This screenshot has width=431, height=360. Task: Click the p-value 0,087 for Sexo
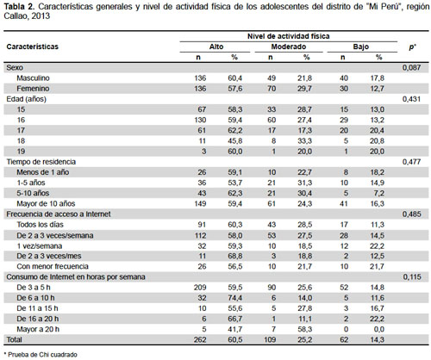click(411, 68)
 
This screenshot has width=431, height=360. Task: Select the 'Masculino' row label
click(33, 78)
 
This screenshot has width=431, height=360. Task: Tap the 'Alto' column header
click(216, 47)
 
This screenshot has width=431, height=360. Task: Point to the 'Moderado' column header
click(289, 47)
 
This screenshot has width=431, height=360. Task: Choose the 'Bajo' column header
click(361, 47)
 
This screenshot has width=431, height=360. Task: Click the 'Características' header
click(33, 47)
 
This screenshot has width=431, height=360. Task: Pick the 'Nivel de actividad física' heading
click(289, 36)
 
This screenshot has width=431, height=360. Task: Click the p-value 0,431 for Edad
click(411, 99)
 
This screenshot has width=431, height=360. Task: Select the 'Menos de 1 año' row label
click(43, 172)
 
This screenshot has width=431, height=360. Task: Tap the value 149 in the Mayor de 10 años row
click(200, 203)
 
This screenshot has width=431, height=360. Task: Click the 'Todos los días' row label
click(40, 225)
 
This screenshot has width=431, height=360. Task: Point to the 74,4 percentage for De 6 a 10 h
click(235, 298)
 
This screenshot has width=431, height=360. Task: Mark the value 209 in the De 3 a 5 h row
click(200, 288)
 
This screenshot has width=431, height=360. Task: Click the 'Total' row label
click(15, 339)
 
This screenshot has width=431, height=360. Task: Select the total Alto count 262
click(200, 339)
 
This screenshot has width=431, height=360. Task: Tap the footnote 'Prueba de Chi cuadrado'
click(42, 355)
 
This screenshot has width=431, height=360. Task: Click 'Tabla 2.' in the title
click(19, 7)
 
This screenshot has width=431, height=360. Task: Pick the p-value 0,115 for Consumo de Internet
click(412, 277)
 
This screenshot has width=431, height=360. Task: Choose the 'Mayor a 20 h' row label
click(38, 329)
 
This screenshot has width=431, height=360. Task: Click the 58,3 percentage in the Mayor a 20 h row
click(305, 329)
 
